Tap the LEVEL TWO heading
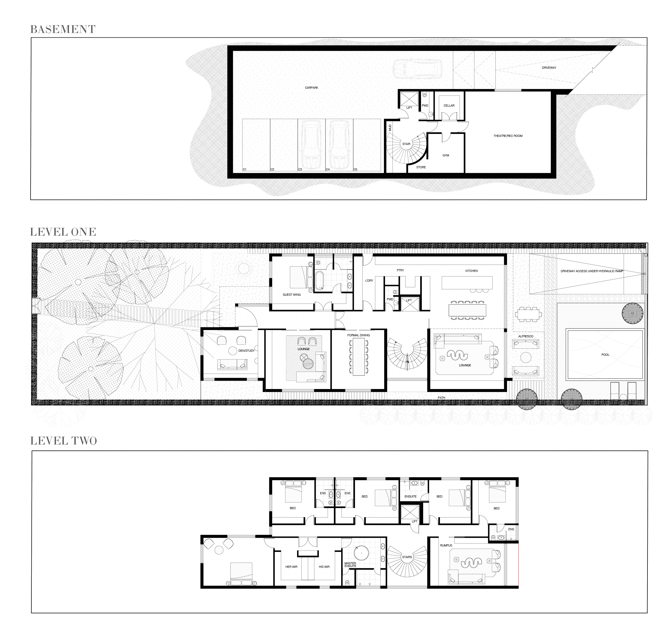tap(63, 441)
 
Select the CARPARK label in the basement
tap(311, 88)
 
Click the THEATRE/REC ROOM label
tap(508, 136)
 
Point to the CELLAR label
tap(449, 106)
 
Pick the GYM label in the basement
tap(446, 155)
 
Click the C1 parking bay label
tap(245, 169)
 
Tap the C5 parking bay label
tap(355, 169)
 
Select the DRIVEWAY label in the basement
tap(549, 68)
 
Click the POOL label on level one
tap(605, 355)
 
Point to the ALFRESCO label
tap(525, 336)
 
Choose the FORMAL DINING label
tap(358, 335)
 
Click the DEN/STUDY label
tap(246, 351)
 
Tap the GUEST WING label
tap(292, 295)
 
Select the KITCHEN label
tap(471, 271)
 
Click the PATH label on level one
tap(442, 397)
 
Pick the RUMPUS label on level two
tap(446, 545)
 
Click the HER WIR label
tap(291, 567)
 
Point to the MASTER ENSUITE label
tap(350, 564)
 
